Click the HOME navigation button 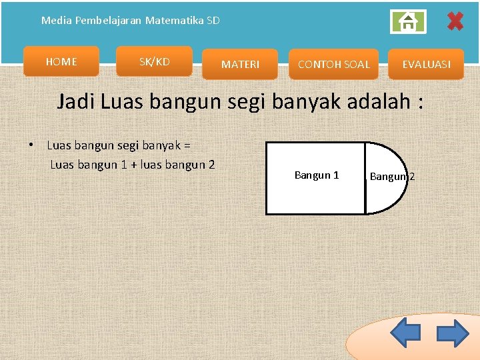coord(61,62)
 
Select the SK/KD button coord(154,62)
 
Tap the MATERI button coord(240,65)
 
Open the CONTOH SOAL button coord(333,65)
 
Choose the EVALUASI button coord(426,65)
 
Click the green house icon coord(407,22)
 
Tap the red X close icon coord(455,22)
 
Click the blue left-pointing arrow coord(405,333)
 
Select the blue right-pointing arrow coord(453,333)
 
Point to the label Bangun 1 coord(317,175)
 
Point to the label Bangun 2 coord(392,177)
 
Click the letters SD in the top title coord(213,21)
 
